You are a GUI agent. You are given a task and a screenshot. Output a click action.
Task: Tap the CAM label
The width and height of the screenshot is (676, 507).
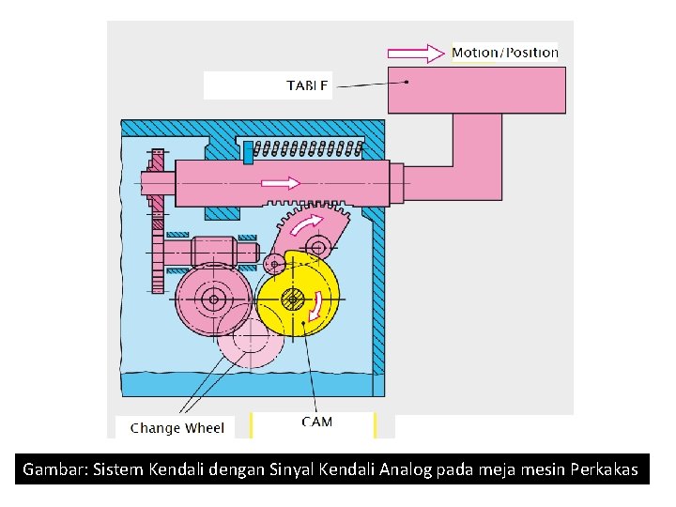[x=316, y=422]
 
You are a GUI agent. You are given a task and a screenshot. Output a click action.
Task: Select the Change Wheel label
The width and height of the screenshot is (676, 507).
[x=177, y=428]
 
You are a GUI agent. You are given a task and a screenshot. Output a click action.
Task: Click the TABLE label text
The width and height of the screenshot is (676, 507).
[x=307, y=86]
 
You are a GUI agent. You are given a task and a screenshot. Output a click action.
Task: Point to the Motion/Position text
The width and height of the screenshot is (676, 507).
[x=504, y=53]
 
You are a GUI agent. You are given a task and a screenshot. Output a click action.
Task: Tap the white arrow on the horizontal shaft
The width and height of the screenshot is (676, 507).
[x=280, y=182]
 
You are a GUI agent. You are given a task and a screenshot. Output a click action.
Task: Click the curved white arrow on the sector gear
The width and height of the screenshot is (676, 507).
[x=307, y=226]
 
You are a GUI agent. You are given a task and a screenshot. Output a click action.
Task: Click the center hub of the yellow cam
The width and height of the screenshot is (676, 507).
[x=293, y=301]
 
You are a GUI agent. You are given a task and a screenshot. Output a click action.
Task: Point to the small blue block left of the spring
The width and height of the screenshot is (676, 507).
[x=248, y=149]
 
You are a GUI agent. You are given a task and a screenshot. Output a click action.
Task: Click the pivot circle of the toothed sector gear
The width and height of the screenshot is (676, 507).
[x=318, y=248]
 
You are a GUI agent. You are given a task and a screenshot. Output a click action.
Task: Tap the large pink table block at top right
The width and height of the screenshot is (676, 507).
[x=476, y=89]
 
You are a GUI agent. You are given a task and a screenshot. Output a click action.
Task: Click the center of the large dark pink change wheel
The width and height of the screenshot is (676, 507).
[x=214, y=300]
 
